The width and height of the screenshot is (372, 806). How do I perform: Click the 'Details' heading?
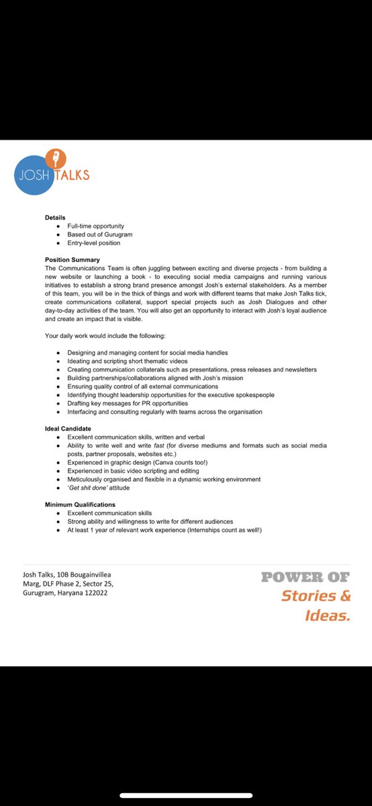[x=55, y=218]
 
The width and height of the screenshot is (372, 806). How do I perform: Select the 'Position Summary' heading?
[x=73, y=259]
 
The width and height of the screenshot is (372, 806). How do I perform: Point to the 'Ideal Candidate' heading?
[x=68, y=428]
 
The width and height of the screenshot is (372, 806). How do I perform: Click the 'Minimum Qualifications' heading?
[x=80, y=504]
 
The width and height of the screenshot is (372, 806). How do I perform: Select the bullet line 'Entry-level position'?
[x=94, y=242]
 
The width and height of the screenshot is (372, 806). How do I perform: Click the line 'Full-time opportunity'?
[x=95, y=226]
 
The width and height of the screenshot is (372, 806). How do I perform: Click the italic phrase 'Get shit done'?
[x=89, y=488]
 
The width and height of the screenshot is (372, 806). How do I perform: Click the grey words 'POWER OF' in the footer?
[x=306, y=577]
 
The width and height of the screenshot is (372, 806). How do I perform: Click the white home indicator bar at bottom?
[x=186, y=795]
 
